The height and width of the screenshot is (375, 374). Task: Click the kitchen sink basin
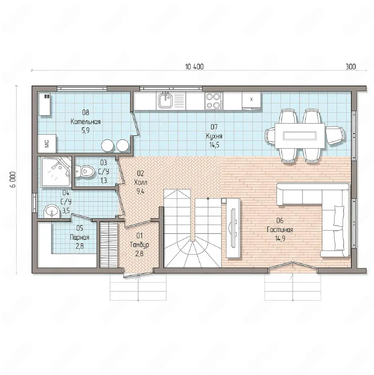coord(165,100)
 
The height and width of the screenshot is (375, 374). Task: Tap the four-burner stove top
coord(214,100)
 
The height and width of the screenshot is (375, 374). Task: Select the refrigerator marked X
coord(251,100)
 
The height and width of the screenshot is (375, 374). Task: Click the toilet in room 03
coord(85,171)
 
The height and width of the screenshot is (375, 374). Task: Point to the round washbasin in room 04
coord(52,212)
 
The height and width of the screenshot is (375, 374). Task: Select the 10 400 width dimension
coord(194,67)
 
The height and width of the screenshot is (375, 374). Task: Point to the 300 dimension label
coord(351,67)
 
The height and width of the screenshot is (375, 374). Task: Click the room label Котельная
coord(86,122)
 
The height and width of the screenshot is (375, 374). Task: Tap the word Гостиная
coord(280,230)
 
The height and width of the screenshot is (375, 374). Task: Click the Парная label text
coord(79,237)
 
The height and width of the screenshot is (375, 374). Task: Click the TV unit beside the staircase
coord(233,228)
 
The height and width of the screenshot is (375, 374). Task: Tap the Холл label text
coord(141,183)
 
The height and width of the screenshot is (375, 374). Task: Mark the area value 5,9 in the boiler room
coord(86,130)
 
